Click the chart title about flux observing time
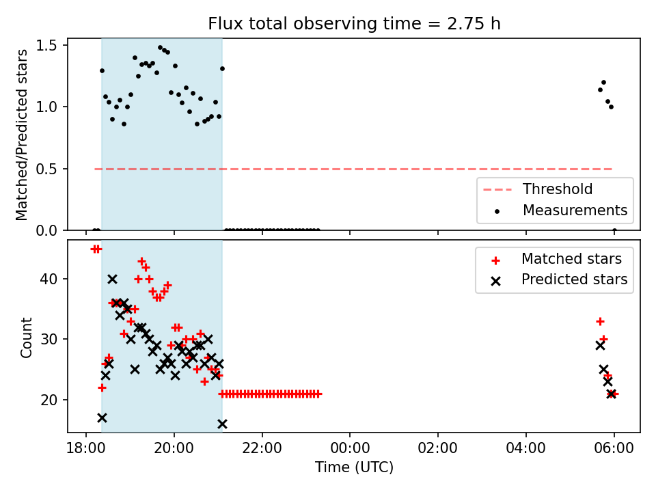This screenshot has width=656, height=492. [354, 24]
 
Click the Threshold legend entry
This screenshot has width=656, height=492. [538, 189]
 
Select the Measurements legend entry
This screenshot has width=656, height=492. [560, 210]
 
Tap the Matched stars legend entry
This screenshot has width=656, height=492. [557, 259]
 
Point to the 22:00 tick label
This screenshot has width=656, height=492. [262, 448]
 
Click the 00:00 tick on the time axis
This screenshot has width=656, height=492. [350, 448]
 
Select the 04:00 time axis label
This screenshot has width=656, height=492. [526, 448]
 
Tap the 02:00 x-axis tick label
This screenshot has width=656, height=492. [438, 448]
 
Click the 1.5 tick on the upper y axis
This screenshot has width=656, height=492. [48, 45]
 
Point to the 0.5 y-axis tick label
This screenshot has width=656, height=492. [48, 169]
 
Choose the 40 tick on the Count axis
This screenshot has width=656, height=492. [49, 279]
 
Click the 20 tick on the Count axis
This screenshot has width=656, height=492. [49, 400]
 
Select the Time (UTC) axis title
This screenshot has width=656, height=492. [355, 467]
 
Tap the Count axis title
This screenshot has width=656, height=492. [26, 338]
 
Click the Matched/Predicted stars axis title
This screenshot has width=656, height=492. [22, 135]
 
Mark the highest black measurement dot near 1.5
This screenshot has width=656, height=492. [160, 48]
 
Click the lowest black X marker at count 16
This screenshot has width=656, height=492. [222, 424]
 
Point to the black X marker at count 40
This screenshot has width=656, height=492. [112, 279]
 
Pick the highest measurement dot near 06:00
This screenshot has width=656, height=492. [603, 83]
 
